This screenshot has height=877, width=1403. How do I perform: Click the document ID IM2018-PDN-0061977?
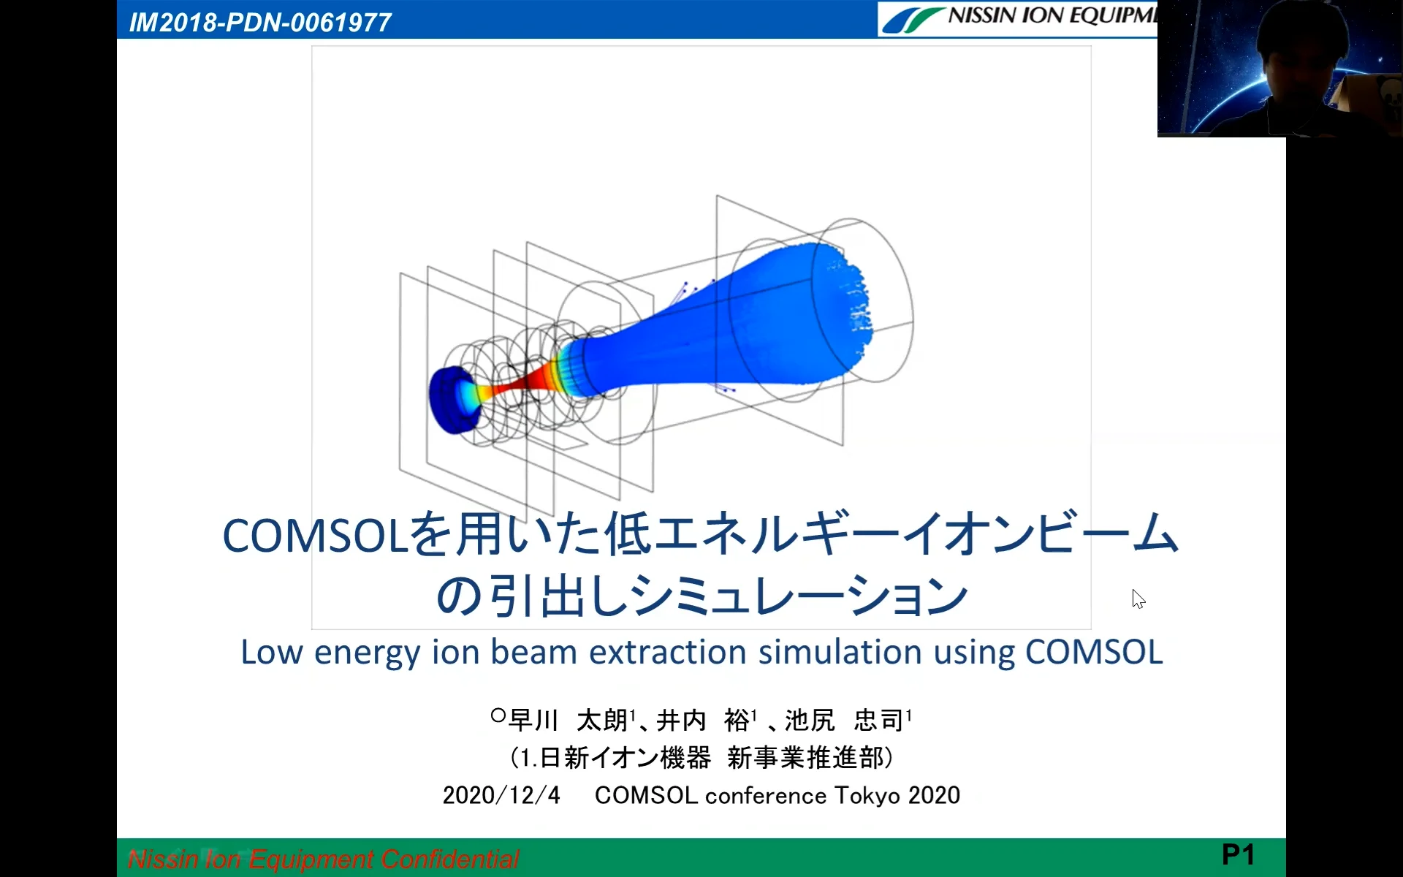[260, 23]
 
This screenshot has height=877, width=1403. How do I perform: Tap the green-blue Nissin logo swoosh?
[913, 20]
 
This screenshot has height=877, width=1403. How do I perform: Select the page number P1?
[1238, 854]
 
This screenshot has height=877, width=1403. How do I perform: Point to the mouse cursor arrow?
[1138, 599]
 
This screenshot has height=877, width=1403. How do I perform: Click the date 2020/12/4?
[501, 795]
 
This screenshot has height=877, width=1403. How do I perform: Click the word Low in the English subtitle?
[272, 652]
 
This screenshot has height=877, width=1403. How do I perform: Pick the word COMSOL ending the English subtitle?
[1094, 652]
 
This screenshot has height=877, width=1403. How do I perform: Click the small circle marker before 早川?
[498, 715]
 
